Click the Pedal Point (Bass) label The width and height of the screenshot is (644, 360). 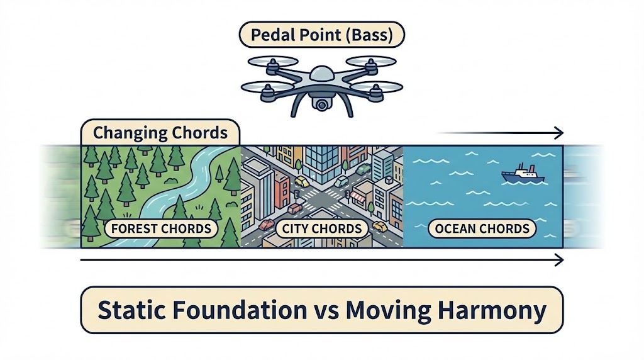tap(321, 35)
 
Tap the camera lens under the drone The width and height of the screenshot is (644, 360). tap(321, 105)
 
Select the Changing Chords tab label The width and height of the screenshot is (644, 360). tap(160, 133)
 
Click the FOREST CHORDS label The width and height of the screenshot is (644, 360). tap(161, 228)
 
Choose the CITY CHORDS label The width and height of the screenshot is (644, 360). tap(321, 228)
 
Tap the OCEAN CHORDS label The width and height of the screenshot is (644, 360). tap(482, 228)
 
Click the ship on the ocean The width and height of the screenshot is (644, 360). tap(523, 174)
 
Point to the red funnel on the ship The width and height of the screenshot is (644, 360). tap(531, 169)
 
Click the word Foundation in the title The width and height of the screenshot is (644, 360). tap(235, 310)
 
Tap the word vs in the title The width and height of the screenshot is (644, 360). tap(327, 313)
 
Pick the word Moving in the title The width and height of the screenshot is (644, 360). tap(388, 311)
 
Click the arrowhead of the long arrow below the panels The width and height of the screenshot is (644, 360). tap(559, 260)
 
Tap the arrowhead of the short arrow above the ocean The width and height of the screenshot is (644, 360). tap(559, 133)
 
